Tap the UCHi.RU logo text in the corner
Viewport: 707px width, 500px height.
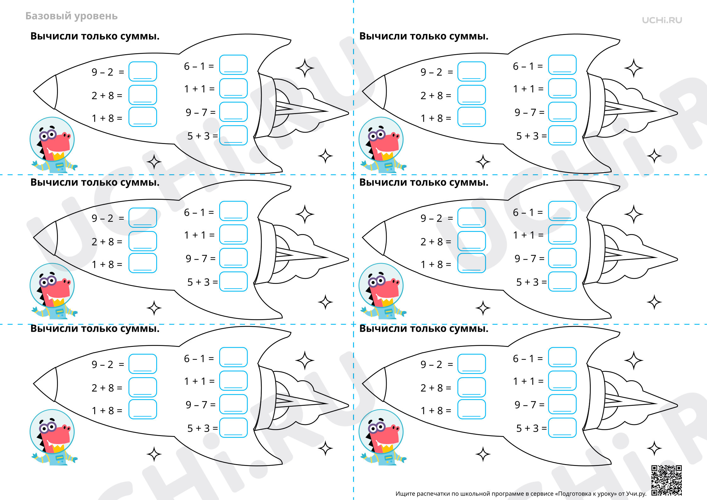point(662,20)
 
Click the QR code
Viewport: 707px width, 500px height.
point(666,480)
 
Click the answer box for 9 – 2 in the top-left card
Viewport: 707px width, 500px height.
point(143,72)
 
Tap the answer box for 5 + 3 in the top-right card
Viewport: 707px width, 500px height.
point(562,135)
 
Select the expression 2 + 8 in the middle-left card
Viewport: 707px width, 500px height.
point(103,242)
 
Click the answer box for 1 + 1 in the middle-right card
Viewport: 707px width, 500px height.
point(562,234)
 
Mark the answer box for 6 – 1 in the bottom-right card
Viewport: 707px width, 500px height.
point(562,357)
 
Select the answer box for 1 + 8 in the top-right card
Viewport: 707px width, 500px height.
point(471,117)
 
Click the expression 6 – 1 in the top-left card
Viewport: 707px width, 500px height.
point(195,66)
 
